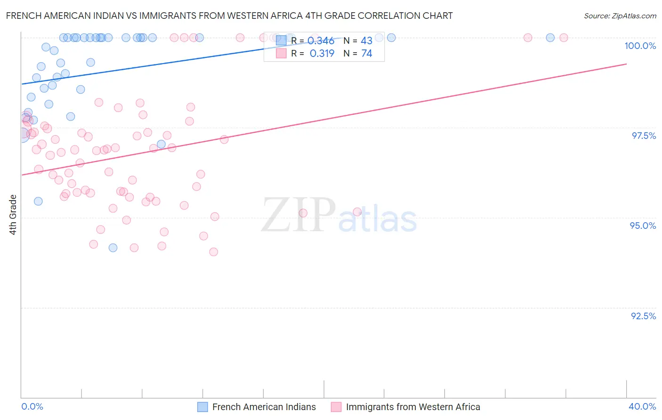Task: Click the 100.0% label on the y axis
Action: pos(640,46)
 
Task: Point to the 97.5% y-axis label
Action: pos(644,136)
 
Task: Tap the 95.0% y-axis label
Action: pos(643,226)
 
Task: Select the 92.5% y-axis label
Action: pos(643,316)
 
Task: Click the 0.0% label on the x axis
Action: pos(32,406)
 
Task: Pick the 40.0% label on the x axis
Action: pos(642,406)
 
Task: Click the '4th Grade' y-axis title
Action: pos(13,215)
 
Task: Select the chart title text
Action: pos(229,16)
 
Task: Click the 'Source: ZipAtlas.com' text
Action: pos(620,16)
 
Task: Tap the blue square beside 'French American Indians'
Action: pos(202,407)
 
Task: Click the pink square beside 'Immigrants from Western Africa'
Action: pos(336,407)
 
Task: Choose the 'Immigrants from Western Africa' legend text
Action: pos(413,407)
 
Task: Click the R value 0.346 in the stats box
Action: pos(322,41)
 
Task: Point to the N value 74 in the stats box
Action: pos(366,54)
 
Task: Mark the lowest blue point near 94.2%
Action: pos(113,248)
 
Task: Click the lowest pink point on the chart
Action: pos(214,252)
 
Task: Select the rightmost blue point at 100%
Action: pos(550,38)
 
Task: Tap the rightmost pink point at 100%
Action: pos(564,38)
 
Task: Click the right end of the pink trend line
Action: pos(626,64)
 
